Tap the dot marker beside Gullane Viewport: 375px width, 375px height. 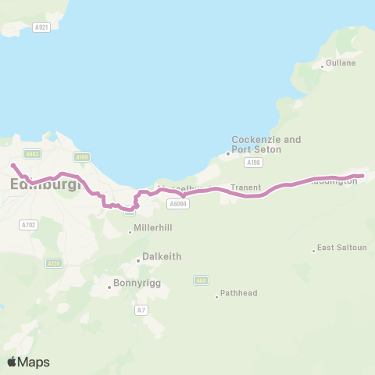tap(323, 66)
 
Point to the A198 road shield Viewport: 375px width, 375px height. tap(252, 162)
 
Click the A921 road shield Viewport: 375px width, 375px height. tap(42, 27)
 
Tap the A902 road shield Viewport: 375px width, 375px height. tap(32, 154)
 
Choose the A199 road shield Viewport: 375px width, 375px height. tap(83, 156)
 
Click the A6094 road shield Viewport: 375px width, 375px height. tap(177, 203)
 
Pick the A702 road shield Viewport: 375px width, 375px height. tap(28, 224)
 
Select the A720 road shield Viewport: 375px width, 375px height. tap(53, 263)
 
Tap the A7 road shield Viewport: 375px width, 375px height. tap(141, 310)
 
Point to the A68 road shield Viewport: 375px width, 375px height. tap(202, 280)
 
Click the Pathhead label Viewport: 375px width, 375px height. tap(239, 294)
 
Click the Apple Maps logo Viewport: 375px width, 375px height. tap(28, 362)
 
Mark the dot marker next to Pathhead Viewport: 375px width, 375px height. tap(217, 296)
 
